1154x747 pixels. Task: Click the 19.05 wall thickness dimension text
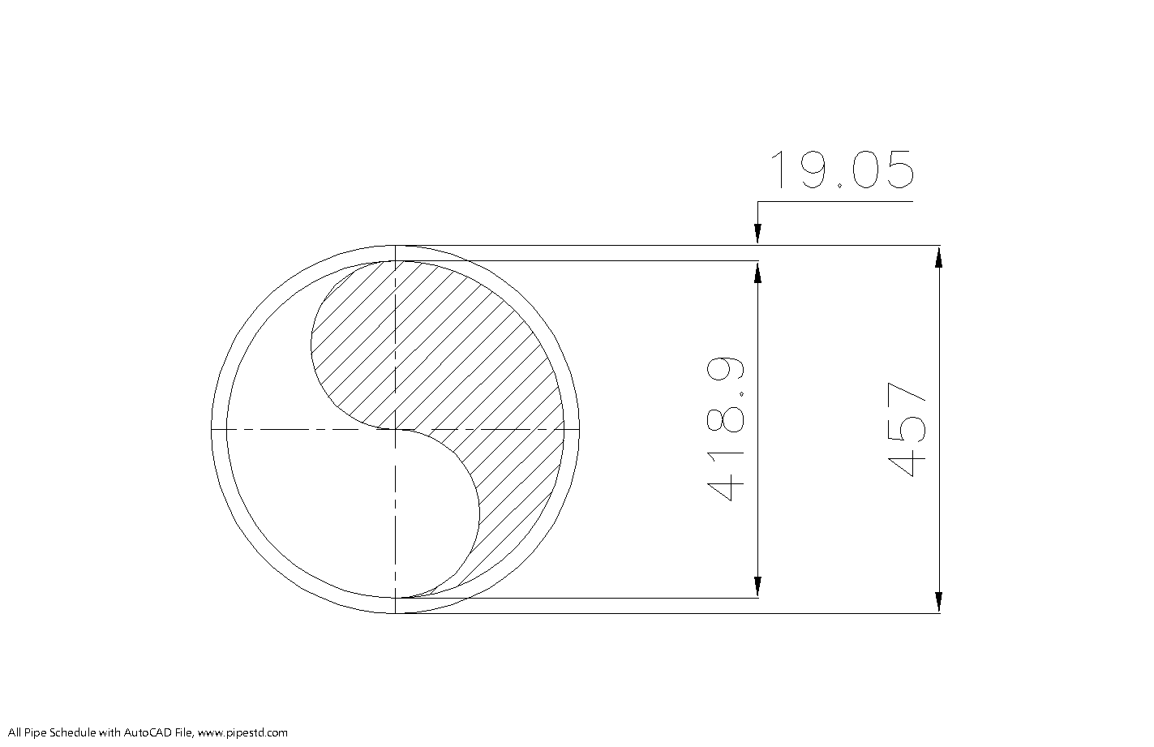841,170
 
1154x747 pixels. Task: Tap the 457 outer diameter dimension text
907,430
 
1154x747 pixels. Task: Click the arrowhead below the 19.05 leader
757,234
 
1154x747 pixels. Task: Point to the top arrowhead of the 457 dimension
938,256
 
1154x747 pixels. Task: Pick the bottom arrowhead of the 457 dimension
938,601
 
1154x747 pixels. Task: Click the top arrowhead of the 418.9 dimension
757,273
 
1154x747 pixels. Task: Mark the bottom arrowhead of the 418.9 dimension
757,586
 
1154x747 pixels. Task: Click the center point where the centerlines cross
395,428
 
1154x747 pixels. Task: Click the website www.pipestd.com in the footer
242,733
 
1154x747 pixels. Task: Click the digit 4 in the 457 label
907,462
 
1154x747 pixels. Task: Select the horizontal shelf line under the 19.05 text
835,202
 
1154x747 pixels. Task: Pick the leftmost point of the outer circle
212,428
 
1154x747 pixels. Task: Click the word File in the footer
183,733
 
